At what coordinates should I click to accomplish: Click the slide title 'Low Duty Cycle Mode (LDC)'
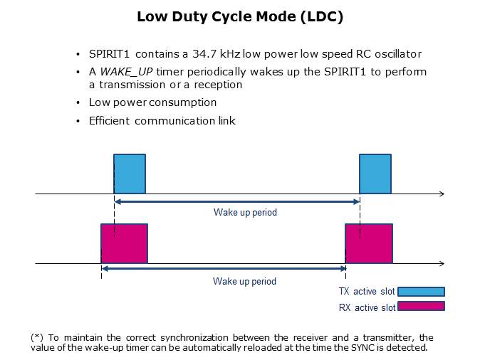click(240, 17)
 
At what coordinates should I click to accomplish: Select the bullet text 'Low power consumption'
click(152, 102)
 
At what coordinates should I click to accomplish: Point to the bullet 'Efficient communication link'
click(162, 121)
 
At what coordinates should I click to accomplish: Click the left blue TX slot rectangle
click(130, 174)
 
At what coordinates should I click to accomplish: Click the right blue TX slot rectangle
click(375, 174)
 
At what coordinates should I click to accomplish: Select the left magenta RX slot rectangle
click(124, 243)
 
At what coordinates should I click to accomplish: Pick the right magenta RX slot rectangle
click(369, 243)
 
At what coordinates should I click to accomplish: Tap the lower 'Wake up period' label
click(244, 281)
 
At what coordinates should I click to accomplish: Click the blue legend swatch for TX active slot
click(421, 291)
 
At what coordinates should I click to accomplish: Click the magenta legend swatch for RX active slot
click(421, 307)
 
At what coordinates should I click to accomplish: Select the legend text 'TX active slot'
click(367, 291)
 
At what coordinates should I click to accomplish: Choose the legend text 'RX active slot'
click(367, 307)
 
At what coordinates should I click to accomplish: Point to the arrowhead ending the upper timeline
click(442, 194)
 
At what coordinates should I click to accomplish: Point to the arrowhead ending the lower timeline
click(442, 263)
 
